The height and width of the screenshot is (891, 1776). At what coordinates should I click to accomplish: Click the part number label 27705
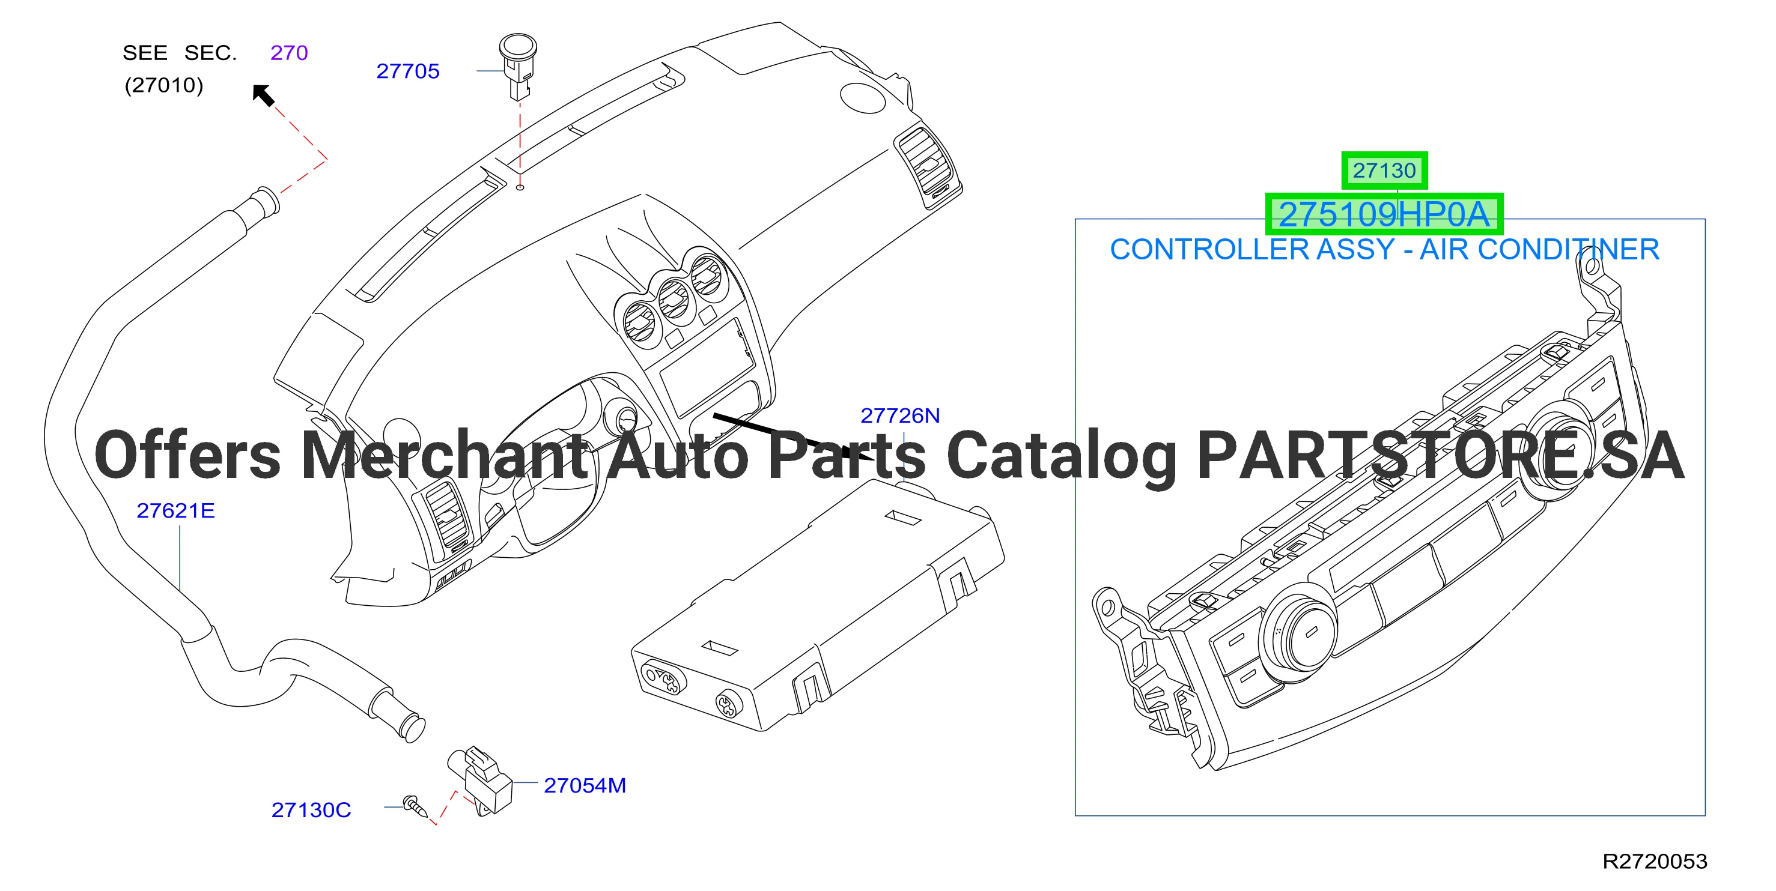pos(407,71)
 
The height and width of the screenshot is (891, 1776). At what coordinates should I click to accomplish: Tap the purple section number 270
pos(289,52)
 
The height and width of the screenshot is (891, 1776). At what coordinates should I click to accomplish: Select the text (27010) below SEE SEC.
pos(164,85)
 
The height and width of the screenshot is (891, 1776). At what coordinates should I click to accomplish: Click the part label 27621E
pos(176,510)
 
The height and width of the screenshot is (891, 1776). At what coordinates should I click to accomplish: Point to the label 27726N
pos(900,415)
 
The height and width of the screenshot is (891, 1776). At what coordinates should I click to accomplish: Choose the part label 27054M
pos(585,785)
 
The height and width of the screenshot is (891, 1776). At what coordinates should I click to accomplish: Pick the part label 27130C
pos(311,810)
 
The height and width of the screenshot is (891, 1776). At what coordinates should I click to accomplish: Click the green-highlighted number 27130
pos(1384,170)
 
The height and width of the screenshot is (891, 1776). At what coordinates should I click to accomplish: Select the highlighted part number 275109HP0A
pos(1384,214)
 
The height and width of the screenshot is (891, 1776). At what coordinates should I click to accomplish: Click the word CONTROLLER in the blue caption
pos(1209,249)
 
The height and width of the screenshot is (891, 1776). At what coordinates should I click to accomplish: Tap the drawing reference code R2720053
pos(1655,862)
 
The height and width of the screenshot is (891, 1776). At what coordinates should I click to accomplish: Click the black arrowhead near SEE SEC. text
pos(263,94)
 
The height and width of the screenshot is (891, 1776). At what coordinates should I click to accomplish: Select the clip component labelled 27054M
pos(481,781)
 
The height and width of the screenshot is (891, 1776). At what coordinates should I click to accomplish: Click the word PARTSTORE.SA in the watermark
pos(1441,456)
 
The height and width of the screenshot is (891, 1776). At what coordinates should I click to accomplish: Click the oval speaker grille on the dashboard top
pos(863,97)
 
